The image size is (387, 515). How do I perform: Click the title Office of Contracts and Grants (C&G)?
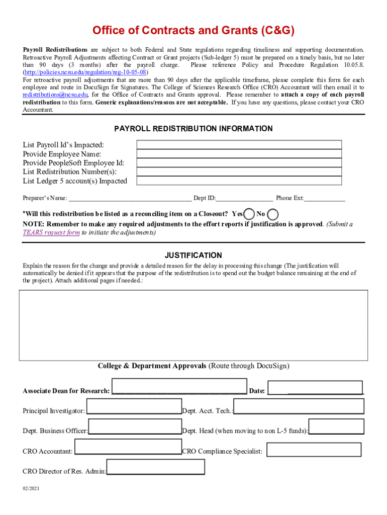tap(193, 31)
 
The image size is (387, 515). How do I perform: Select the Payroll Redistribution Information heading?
tap(193, 129)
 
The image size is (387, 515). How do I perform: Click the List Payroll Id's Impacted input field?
tap(239, 145)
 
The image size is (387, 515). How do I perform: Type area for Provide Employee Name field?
tap(239, 154)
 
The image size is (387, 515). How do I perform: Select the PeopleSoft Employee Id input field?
tap(239, 163)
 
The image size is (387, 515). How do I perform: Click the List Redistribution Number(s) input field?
tap(239, 172)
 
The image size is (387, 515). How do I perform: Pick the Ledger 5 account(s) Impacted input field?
tap(239, 181)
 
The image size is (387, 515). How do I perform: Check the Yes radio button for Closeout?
tap(248, 214)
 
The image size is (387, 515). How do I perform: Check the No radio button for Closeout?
tap(273, 214)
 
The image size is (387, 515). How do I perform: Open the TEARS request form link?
tap(51, 232)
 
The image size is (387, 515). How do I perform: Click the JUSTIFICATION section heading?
tap(193, 255)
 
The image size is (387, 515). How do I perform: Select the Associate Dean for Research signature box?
tap(179, 386)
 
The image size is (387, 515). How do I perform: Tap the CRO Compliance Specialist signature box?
tap(314, 450)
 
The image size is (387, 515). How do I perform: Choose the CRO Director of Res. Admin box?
tap(156, 467)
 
